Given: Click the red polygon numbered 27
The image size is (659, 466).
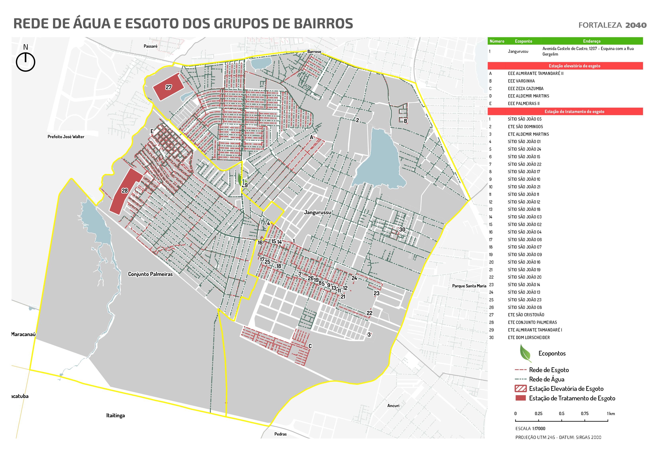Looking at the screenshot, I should click(168, 87).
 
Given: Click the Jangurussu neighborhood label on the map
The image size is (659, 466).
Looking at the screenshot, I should click(317, 212).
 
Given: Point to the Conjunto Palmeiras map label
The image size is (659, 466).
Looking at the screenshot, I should click(150, 274).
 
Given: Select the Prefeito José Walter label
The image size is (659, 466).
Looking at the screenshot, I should click(66, 137).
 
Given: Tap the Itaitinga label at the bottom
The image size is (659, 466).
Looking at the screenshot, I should click(115, 415).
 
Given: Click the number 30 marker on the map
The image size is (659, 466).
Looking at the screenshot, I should click(402, 229).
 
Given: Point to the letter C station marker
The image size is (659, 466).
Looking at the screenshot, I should click(310, 346).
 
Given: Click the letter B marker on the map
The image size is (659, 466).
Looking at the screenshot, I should click(405, 121).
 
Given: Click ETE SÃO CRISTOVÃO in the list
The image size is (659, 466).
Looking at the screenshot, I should click(526, 315).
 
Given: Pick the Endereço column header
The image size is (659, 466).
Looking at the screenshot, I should click(592, 41).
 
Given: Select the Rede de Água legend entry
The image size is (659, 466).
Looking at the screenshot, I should click(546, 379).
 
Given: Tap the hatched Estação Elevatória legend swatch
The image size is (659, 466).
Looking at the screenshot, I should click(521, 389).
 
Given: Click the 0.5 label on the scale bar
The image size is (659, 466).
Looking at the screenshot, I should click(561, 413).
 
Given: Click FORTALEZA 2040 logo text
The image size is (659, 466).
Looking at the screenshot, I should click(612, 25).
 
